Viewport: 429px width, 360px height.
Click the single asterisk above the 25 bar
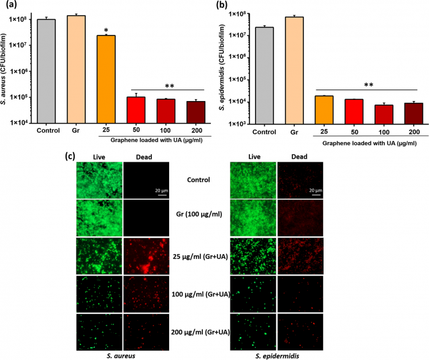[106, 30]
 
